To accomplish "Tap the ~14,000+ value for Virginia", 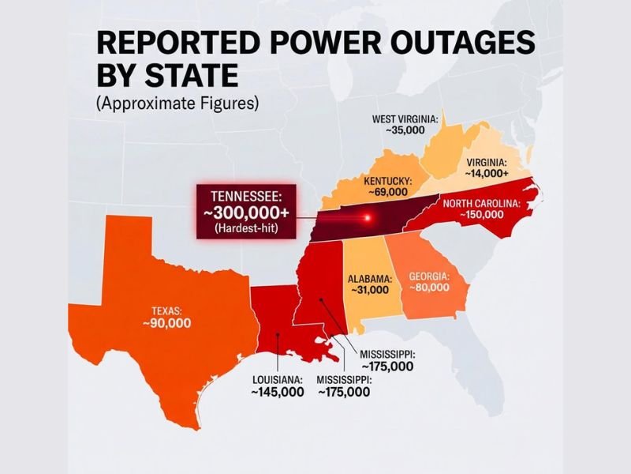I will (x=487, y=172).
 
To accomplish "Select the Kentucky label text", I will (x=386, y=180).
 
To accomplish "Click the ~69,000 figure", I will (x=386, y=192).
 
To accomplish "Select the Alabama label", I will (x=369, y=279).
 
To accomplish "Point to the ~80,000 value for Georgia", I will (x=429, y=288).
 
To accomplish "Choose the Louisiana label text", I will (x=277, y=379).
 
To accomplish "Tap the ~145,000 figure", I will (x=277, y=392).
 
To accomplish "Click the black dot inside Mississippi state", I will (x=320, y=300).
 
